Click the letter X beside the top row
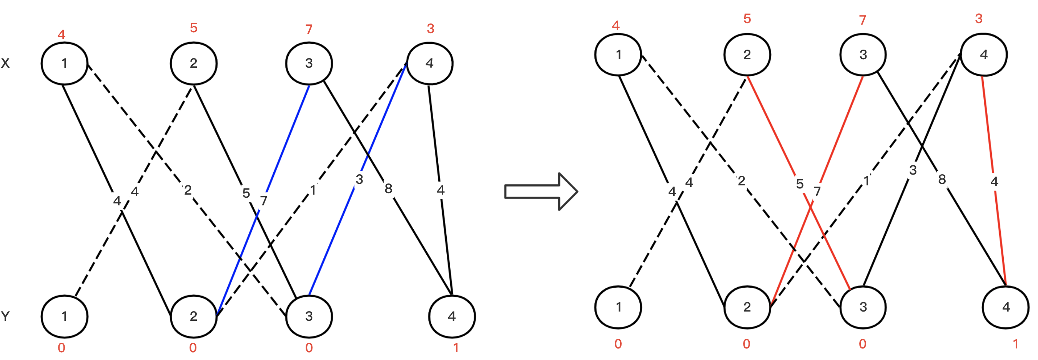click(x=5, y=63)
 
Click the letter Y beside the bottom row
click(x=5, y=316)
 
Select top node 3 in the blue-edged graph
click(x=309, y=63)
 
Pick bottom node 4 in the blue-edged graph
click(x=452, y=317)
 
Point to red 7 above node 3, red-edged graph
click(x=862, y=20)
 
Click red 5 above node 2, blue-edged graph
click(x=193, y=28)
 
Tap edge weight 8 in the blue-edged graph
click(x=388, y=188)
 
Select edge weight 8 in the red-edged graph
click(x=942, y=179)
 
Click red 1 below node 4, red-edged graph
click(x=1015, y=344)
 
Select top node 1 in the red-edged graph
click(x=618, y=55)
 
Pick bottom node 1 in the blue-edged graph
click(x=64, y=317)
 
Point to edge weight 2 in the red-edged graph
click(x=741, y=181)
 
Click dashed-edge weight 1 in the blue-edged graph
click(x=313, y=190)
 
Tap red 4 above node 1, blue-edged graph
click(x=61, y=34)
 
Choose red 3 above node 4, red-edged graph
click(x=979, y=18)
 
